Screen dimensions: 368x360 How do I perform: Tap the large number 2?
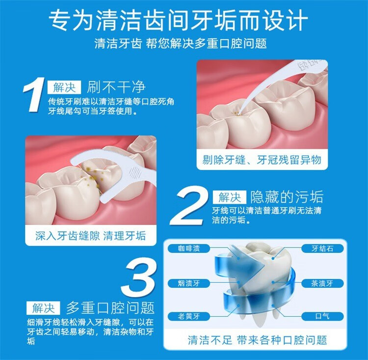tap(187, 205)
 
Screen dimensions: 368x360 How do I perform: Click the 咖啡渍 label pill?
tap(189, 249)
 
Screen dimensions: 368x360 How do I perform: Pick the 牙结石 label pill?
tap(322, 249)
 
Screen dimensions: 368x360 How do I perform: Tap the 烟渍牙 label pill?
tap(189, 283)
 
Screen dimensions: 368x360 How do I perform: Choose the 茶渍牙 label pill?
tap(322, 283)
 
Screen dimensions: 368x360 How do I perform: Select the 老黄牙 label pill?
tap(189, 316)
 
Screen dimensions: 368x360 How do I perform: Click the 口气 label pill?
tap(322, 316)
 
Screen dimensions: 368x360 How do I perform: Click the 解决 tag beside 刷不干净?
tap(64, 87)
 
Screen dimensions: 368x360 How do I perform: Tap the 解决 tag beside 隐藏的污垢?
tap(230, 197)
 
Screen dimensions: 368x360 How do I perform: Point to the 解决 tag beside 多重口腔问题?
tap(43, 308)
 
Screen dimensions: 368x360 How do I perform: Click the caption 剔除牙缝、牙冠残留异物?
tap(262, 160)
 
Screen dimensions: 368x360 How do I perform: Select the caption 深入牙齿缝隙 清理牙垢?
tap(91, 236)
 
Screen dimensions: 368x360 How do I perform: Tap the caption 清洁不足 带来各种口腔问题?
tap(258, 340)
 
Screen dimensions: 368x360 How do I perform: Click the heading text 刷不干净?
tap(116, 87)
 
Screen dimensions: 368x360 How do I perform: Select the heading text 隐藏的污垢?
tap(287, 197)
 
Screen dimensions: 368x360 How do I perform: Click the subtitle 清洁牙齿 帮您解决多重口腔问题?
tap(181, 44)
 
